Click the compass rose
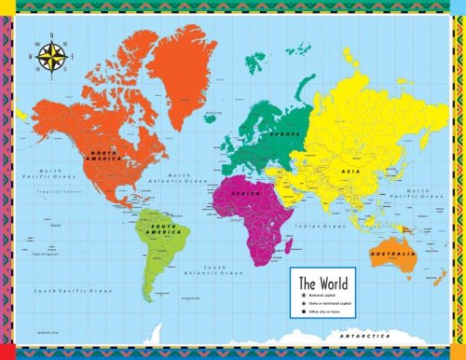(50, 59)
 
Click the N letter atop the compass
(50, 38)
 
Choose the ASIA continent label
(350, 172)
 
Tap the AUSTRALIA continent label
(392, 254)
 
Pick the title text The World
(322, 281)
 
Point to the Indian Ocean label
(319, 227)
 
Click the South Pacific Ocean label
(74, 291)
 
